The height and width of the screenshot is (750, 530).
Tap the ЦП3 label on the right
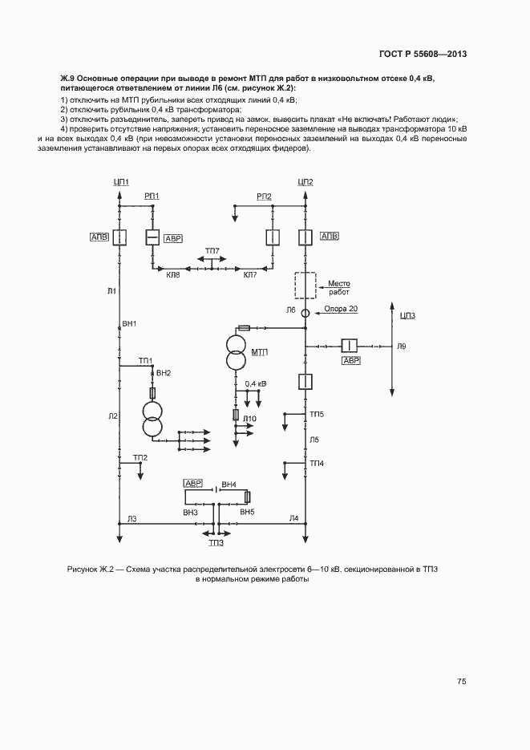(408, 316)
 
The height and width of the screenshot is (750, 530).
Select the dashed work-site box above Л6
(305, 286)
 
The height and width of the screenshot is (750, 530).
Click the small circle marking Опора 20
(305, 314)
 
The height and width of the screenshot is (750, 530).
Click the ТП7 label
(212, 251)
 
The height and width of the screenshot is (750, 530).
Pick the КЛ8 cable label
(172, 275)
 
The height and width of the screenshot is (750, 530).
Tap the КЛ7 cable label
(250, 275)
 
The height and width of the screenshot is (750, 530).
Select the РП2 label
(264, 197)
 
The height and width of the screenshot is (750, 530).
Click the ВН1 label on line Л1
(128, 323)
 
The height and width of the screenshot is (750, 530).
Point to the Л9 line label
(402, 346)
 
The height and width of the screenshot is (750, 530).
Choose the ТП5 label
(317, 413)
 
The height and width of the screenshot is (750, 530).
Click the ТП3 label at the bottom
(216, 543)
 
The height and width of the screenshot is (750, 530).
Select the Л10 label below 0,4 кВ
(250, 420)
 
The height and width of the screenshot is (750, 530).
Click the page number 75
(461, 682)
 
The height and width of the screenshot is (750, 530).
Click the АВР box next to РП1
(172, 239)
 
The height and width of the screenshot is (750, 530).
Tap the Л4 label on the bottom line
(293, 519)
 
